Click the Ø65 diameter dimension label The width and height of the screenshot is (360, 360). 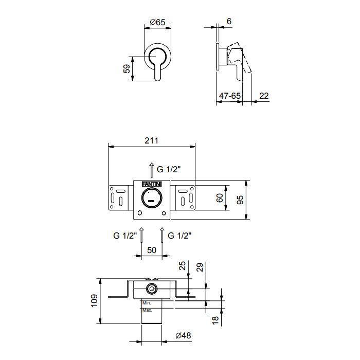point(157,22)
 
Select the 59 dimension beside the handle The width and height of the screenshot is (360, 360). point(127,68)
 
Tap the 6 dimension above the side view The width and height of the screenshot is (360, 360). point(229,22)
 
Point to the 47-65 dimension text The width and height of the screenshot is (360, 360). point(229,96)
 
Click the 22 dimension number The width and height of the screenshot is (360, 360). point(264,96)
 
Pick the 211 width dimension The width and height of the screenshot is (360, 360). point(152,140)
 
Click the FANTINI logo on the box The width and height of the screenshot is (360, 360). point(152,184)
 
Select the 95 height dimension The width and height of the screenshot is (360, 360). point(240,200)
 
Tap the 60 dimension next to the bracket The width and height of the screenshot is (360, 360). point(220,198)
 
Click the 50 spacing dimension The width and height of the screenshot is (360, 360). point(152,250)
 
